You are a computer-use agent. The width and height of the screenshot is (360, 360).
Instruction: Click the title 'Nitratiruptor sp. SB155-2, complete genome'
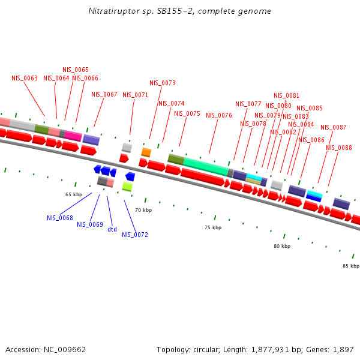pyautogui.click(x=179, y=11)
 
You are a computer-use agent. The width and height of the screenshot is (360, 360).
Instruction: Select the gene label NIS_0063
pyautogui.click(x=25, y=78)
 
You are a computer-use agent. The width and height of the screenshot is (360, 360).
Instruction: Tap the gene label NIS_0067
pyautogui.click(x=104, y=94)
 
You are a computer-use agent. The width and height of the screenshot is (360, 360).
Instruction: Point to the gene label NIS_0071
pyautogui.click(x=135, y=95)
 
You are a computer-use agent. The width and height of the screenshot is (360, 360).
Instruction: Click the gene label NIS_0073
pyautogui.click(x=163, y=83)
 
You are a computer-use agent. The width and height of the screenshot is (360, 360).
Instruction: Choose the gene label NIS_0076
pyautogui.click(x=218, y=115)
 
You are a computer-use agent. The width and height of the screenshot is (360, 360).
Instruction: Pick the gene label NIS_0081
pyautogui.click(x=286, y=95)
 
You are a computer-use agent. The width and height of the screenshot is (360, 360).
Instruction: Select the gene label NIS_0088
pyautogui.click(x=339, y=148)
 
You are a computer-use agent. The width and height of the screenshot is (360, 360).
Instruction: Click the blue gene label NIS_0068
pyautogui.click(x=60, y=218)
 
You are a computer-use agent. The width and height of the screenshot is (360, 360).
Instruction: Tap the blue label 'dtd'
pyautogui.click(x=112, y=229)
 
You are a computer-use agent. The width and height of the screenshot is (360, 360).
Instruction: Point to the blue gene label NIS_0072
pyautogui.click(x=135, y=235)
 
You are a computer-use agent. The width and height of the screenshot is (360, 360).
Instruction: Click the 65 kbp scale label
pyautogui.click(x=74, y=195)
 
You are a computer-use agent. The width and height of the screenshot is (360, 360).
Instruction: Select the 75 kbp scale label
pyautogui.click(x=213, y=228)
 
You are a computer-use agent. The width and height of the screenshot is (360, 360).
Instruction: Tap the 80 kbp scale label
pyautogui.click(x=282, y=246)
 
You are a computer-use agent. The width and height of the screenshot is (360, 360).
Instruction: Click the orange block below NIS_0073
pyautogui.click(x=146, y=152)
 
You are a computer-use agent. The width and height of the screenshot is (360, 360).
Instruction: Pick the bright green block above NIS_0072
pyautogui.click(x=127, y=187)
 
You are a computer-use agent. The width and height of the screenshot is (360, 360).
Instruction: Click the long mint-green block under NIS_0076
pyautogui.click(x=205, y=164)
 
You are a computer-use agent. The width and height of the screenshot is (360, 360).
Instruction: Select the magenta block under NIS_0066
pyautogui.click(x=73, y=136)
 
